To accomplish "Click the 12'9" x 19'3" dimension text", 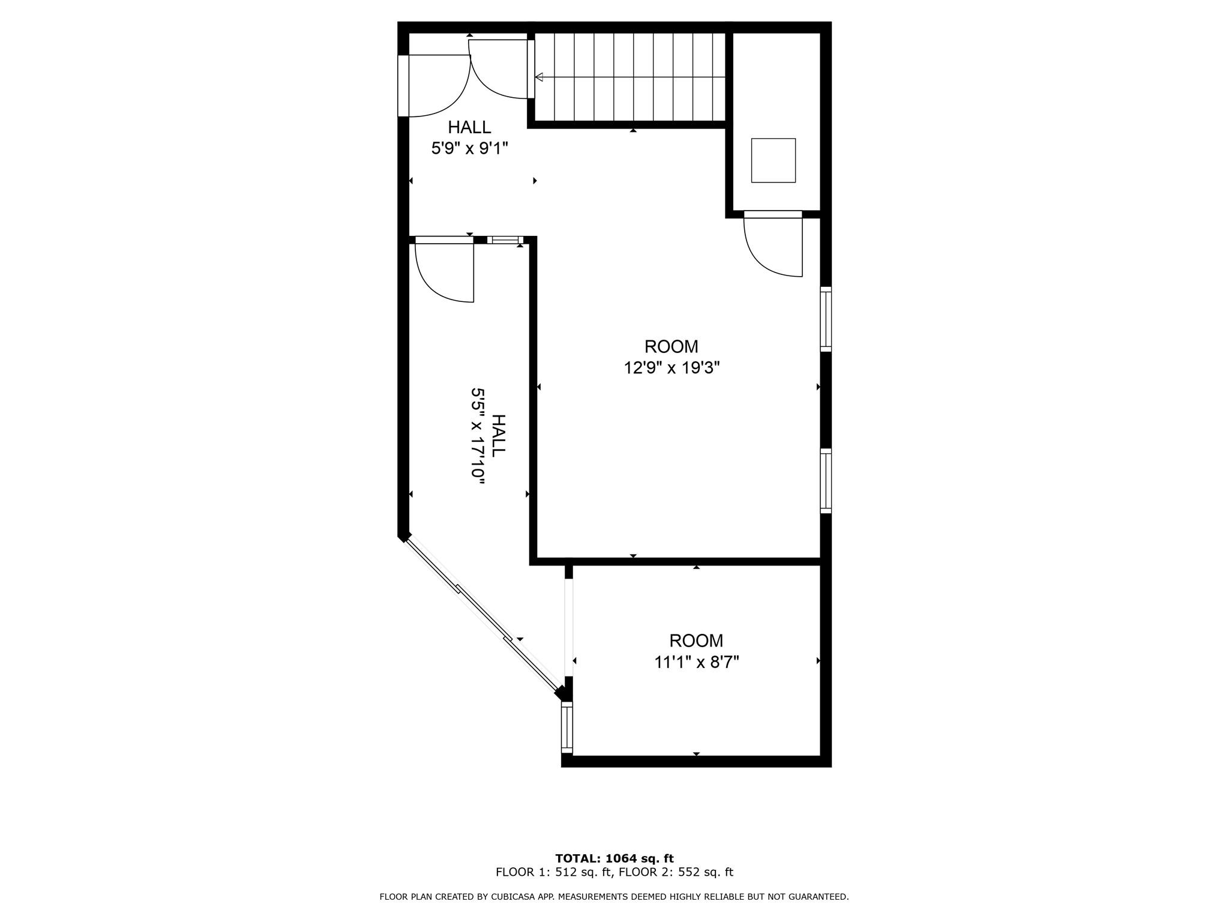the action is coord(672,367).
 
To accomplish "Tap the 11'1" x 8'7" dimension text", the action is coord(696,662).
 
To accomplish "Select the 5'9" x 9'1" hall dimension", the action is coord(470,148).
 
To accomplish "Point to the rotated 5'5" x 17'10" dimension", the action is coord(478,433).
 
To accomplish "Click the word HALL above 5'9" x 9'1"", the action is coord(470,127).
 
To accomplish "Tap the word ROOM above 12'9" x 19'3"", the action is coord(672,346).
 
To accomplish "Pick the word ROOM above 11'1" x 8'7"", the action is coord(696,641).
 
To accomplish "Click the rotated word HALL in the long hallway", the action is coord(499,435).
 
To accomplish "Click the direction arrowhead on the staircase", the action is coord(539,77).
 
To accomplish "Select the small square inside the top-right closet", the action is coord(774,160).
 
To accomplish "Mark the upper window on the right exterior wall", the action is coord(826,319).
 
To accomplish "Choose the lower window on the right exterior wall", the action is coord(826,480).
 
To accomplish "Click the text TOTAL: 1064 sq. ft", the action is coord(614,858).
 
